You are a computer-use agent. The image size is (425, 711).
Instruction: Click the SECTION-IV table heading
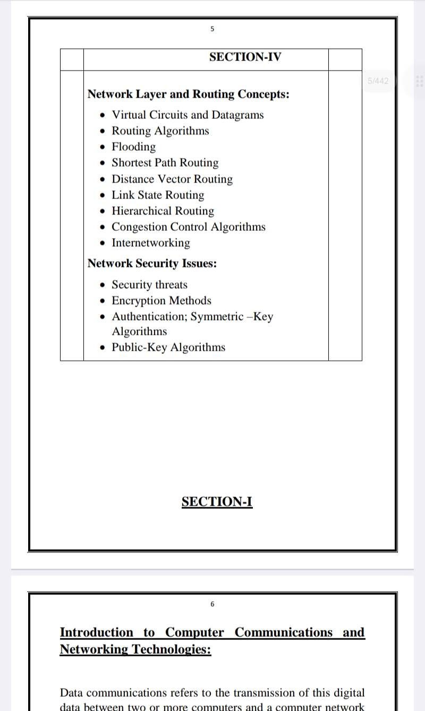[x=245, y=57]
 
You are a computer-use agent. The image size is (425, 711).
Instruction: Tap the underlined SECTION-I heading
[x=217, y=502]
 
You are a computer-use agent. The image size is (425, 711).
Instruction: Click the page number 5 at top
[x=212, y=29]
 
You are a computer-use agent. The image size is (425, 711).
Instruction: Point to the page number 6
[x=212, y=604]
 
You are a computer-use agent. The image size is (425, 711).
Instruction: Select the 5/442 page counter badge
[x=378, y=81]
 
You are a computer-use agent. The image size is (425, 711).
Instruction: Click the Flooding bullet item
[x=133, y=147]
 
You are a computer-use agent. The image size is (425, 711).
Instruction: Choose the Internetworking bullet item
[x=150, y=243]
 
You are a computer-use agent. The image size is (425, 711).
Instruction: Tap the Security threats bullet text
[x=149, y=285]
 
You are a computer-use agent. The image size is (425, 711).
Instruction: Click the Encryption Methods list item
[x=161, y=301]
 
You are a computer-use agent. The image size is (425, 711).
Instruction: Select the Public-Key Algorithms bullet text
[x=168, y=348]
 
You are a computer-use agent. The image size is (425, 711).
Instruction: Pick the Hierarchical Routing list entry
[x=163, y=211]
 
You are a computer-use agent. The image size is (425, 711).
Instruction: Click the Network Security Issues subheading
[x=152, y=264]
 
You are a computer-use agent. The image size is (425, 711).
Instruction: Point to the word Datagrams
[x=237, y=115]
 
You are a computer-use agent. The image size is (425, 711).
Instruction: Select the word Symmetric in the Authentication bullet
[x=217, y=317]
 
